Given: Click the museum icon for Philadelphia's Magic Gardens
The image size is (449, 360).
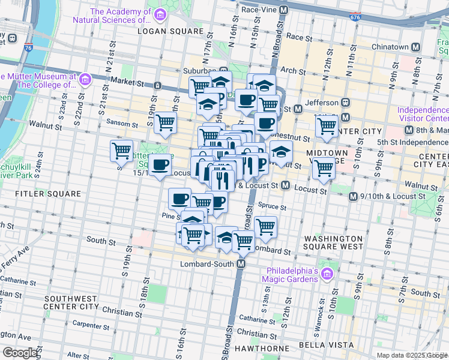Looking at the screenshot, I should click(327, 275).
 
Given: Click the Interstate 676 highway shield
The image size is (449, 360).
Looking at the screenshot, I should click(355, 18).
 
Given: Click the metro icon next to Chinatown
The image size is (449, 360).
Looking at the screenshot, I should click(415, 47).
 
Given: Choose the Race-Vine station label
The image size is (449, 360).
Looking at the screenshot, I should click(262, 10).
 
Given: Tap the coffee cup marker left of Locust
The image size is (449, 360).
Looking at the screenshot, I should click(160, 165).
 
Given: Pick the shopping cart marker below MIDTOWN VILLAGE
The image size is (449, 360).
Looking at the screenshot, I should click(324, 168).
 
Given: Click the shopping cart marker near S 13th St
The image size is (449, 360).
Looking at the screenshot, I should click(265, 227).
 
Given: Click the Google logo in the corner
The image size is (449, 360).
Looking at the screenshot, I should click(20, 353).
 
